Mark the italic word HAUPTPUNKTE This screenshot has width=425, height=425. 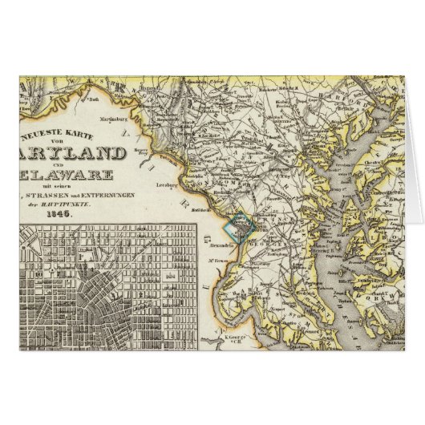(79, 200)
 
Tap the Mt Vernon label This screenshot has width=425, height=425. (215, 263)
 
